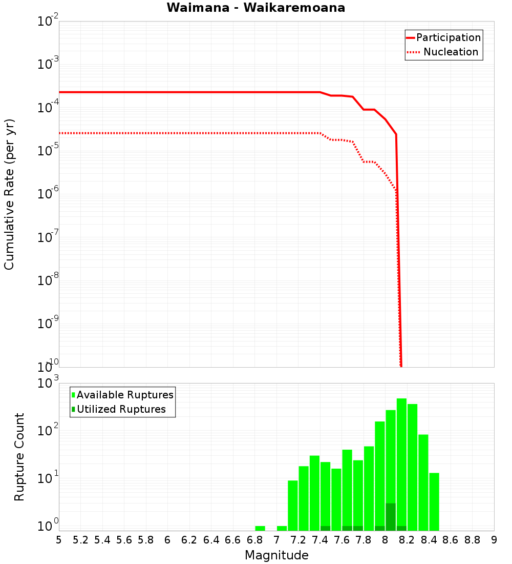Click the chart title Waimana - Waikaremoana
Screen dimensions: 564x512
255,8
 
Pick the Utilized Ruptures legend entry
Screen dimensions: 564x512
121,409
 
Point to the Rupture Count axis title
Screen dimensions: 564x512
19,457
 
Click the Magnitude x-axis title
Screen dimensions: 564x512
276,555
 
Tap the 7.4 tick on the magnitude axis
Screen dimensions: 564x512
320,540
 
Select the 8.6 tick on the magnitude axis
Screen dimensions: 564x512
451,540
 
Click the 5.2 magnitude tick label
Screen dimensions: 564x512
80,540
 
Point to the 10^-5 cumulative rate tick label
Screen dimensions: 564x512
48,150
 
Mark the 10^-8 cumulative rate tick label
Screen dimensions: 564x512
48,280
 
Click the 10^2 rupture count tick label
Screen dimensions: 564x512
48,430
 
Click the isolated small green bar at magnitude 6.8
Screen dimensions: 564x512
260,528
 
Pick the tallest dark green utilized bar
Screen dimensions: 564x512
391,517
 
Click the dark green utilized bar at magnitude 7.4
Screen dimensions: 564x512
325,528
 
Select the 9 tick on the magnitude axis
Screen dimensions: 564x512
494,540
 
